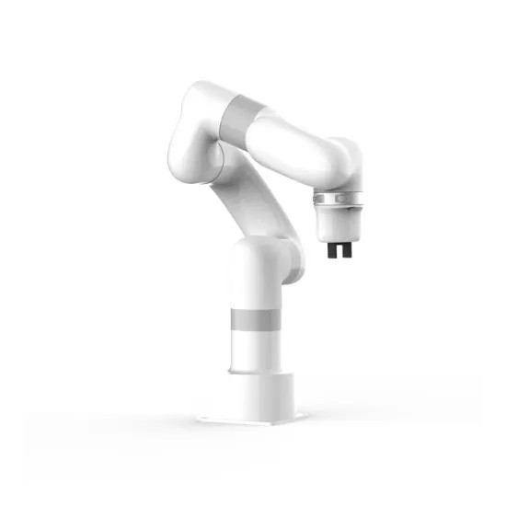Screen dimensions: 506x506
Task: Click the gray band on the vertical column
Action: coord(252,320)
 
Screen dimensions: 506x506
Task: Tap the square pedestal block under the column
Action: coord(253,396)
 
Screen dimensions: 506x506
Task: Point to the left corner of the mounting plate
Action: coord(199,420)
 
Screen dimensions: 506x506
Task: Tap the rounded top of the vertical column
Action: coord(253,253)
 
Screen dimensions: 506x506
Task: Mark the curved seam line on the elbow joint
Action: coord(218,156)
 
